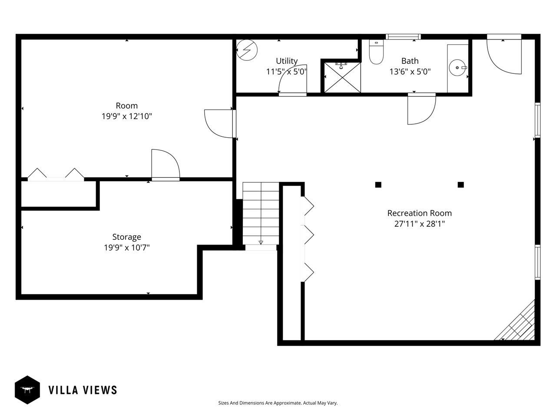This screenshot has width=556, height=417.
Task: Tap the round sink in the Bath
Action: click(x=457, y=68)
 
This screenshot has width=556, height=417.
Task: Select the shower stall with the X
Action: click(x=342, y=77)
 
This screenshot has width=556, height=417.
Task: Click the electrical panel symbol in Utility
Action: click(x=247, y=50)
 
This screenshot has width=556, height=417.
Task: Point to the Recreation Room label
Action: click(x=419, y=213)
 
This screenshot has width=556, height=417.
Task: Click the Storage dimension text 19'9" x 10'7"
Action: click(x=127, y=247)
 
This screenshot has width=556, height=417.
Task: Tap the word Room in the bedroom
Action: click(x=127, y=105)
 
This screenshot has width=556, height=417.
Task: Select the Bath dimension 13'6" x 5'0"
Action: click(x=410, y=72)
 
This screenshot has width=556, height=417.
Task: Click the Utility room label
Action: click(x=287, y=61)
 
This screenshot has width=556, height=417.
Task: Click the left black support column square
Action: click(x=378, y=185)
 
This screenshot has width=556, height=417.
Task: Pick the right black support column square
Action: click(x=460, y=185)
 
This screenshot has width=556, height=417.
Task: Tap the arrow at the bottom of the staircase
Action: click(x=261, y=242)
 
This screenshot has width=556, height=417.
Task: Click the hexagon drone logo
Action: click(x=27, y=390)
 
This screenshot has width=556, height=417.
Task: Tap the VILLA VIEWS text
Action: click(x=83, y=390)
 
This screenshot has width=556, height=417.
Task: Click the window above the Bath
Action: click(x=403, y=37)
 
